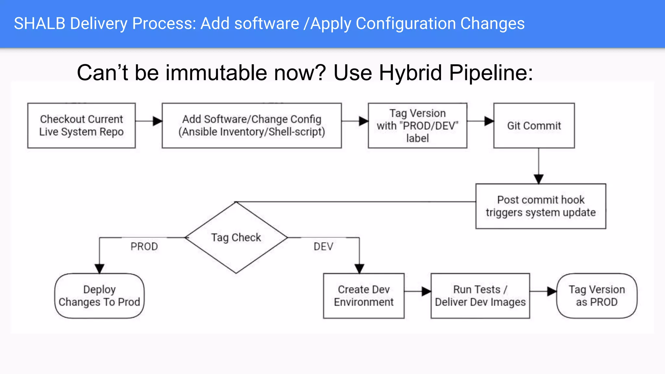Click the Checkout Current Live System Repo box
coord(81,126)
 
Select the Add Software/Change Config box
coord(252,126)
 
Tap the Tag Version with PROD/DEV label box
coord(417,126)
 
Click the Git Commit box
coord(534,126)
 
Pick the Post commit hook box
coord(541,206)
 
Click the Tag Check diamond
coord(236,238)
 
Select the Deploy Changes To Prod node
coord(99,296)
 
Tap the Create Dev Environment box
coord(364,296)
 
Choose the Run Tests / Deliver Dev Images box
coord(480,296)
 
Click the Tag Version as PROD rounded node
coord(597,296)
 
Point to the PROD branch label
coord(144,247)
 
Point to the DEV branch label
coord(323,247)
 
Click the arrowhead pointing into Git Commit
coord(489,121)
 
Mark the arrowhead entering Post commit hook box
coord(539,179)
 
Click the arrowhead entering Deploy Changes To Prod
coord(99,268)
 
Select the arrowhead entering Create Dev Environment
coord(359,268)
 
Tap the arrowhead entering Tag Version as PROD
coord(552,291)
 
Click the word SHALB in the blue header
coord(40,24)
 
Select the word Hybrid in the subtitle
coord(410,72)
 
